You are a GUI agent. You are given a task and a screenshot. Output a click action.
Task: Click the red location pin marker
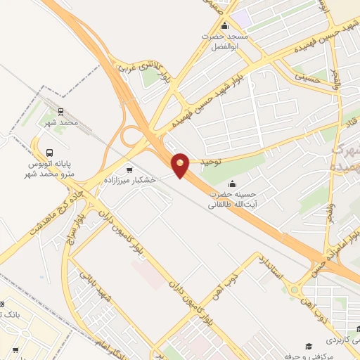click(180, 165)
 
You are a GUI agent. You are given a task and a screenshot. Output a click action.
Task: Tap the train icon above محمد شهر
click(60, 112)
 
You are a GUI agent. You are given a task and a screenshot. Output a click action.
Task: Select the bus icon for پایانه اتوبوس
click(50, 153)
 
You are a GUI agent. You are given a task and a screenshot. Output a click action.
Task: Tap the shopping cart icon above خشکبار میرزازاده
click(129, 169)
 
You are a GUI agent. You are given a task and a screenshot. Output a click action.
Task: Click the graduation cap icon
click(308, 346)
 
